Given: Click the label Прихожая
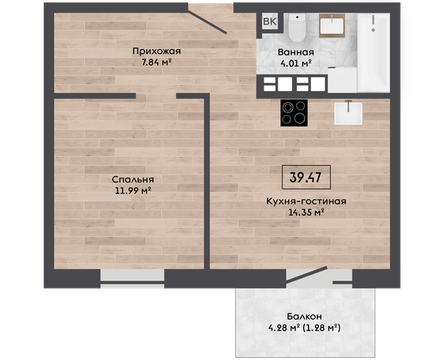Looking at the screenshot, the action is [156, 51].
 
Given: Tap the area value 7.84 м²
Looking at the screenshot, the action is [156, 62].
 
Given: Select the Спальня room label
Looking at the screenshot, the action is [133, 179].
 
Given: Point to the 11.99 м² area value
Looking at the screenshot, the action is [133, 190].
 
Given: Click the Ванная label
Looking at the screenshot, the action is [296, 52].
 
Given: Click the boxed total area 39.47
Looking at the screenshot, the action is [306, 177].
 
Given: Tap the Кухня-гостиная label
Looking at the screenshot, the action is [306, 201].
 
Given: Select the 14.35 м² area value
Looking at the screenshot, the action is [306, 213].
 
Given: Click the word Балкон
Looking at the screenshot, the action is [304, 316].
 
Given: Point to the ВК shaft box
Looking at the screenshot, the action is [270, 21].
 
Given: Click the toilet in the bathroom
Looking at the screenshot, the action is [297, 27].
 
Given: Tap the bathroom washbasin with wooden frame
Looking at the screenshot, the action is [332, 25].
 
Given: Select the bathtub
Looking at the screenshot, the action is [373, 52].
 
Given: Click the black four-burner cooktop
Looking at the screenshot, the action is [294, 113].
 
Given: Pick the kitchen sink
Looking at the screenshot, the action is [348, 113].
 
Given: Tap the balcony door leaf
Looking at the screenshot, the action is [306, 275].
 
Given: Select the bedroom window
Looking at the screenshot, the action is [133, 278].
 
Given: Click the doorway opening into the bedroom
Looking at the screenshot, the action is [156, 96].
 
